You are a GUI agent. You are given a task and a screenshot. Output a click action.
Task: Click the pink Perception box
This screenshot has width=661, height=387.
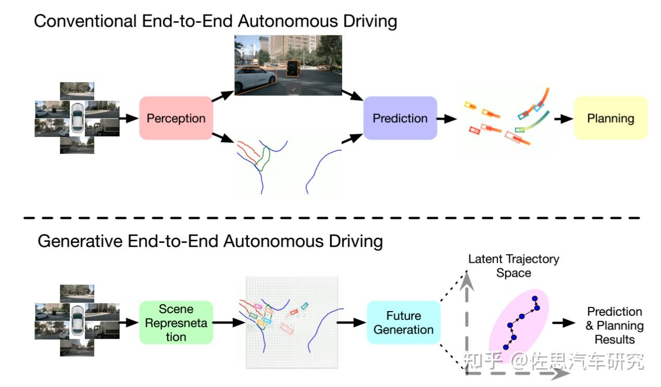click(176, 118)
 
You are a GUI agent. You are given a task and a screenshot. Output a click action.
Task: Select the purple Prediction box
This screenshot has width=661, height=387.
click(400, 118)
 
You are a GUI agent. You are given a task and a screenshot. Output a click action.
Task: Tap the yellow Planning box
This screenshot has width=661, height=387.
click(610, 118)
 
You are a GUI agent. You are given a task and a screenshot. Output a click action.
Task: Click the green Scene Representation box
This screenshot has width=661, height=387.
click(176, 322)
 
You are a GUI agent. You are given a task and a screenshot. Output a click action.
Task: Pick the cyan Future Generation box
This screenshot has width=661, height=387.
click(403, 322)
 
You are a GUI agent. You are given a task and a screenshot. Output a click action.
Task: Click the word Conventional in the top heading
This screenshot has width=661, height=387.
click(85, 21)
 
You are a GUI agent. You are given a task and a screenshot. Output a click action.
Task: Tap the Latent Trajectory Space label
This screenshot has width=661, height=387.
click(514, 266)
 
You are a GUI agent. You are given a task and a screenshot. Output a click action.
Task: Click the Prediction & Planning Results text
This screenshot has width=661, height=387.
click(615, 326)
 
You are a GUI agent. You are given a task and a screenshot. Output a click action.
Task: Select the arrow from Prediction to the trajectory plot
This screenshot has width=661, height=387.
click(447, 119)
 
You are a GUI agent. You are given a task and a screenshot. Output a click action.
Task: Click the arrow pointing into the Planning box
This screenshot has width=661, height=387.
click(564, 119)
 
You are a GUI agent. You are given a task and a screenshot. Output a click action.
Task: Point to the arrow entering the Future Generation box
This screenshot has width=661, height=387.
click(351, 322)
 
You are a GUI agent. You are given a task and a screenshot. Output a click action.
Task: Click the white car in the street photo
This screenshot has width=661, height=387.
click(256, 79)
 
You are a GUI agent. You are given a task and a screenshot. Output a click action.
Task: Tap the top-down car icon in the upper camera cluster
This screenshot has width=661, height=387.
click(77, 118)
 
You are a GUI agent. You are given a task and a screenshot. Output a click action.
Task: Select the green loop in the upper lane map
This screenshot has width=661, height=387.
click(263, 159)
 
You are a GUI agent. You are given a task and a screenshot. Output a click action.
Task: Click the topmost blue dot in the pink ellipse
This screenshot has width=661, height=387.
click(535, 299)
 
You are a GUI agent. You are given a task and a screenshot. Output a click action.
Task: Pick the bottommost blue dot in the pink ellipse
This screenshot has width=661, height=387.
click(506, 347)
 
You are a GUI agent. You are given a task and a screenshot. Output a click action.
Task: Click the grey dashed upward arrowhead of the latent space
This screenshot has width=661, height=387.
click(467, 281)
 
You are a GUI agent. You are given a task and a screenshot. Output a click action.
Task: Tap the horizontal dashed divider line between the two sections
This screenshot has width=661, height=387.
click(332, 218)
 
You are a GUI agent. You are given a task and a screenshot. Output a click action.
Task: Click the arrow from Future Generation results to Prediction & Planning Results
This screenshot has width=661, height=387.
click(564, 323)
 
